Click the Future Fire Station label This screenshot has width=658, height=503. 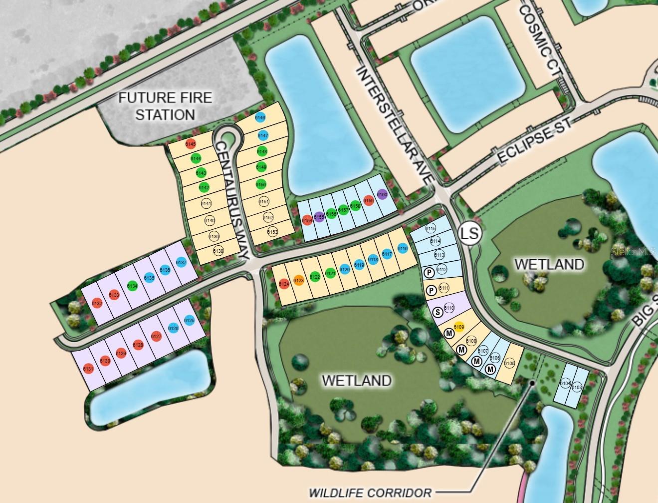(x=165, y=106)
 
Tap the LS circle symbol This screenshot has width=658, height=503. (x=469, y=233)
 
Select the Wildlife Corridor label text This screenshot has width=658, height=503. (x=371, y=492)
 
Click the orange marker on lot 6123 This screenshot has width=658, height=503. (x=298, y=281)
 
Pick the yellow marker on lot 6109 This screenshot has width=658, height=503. (x=458, y=327)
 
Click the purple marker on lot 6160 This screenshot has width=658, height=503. (x=382, y=195)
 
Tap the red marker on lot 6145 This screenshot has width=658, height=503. (x=190, y=144)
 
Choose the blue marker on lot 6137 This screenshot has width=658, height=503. (x=181, y=262)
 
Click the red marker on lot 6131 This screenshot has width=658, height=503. (x=88, y=369)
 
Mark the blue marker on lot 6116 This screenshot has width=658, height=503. (x=403, y=248)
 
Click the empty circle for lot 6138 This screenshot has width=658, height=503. (x=218, y=251)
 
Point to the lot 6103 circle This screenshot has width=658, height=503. (x=577, y=387)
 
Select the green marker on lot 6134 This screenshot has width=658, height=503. (x=132, y=286)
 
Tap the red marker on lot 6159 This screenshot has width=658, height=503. (x=369, y=201)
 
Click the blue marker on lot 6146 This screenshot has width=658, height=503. (x=260, y=117)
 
